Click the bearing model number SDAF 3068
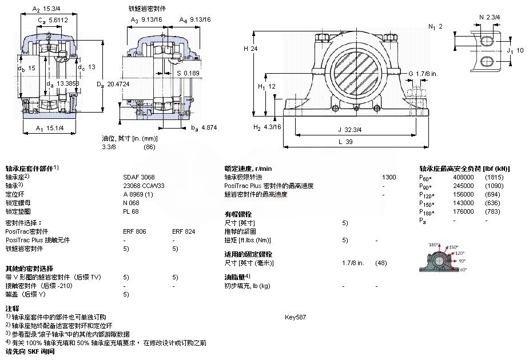[139, 177]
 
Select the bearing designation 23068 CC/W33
[144, 186]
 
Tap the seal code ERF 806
[134, 231]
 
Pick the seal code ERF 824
[183, 231]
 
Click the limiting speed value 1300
[389, 177]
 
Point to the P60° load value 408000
[463, 177]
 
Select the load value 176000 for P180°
[463, 211]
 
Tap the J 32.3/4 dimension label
[349, 130]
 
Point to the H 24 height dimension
[250, 49]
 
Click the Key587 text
[295, 317]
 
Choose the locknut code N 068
[131, 203]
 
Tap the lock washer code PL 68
[130, 211]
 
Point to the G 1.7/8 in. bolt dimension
[423, 74]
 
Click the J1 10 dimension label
[515, 50]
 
